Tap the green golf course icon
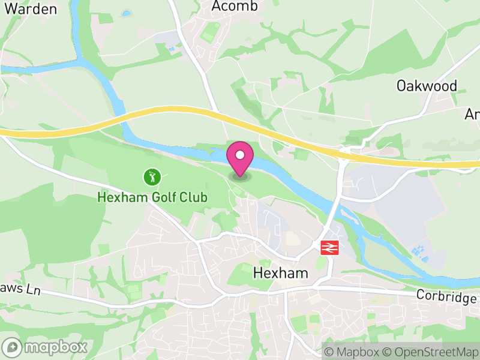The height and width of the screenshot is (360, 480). (x=152, y=177)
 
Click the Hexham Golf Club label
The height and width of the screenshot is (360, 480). (x=152, y=197)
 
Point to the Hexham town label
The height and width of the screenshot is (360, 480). (x=280, y=273)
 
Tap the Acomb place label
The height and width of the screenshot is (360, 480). (x=235, y=7)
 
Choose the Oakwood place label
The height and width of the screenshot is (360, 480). (x=427, y=86)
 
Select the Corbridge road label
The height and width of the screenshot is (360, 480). (x=447, y=297)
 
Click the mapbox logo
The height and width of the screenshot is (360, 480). (x=46, y=347)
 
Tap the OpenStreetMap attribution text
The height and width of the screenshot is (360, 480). (x=431, y=352)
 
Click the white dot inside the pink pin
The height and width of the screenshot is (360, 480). (x=240, y=155)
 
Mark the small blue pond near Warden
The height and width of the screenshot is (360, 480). (x=126, y=13)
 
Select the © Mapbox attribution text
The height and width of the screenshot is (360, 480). (x=358, y=352)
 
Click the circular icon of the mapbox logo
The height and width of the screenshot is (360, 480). (x=12, y=347)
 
